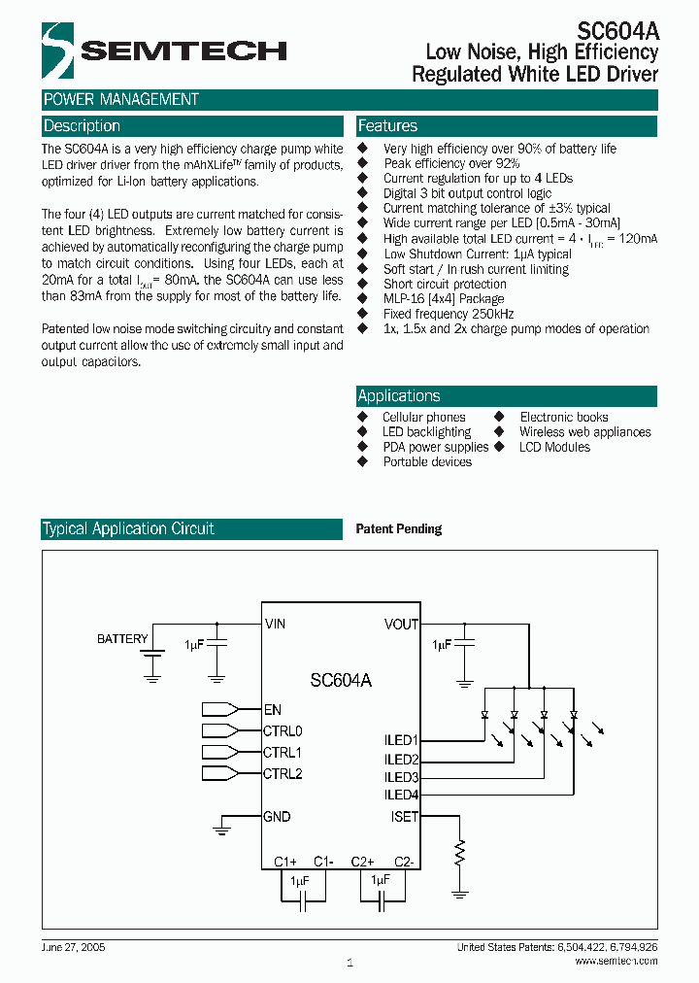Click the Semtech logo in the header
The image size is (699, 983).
pyautogui.click(x=163, y=51)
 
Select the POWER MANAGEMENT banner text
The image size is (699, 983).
pyautogui.click(x=121, y=99)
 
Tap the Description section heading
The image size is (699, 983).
pyautogui.click(x=83, y=126)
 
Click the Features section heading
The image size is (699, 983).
pyautogui.click(x=387, y=126)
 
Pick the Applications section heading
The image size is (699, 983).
pyautogui.click(x=399, y=396)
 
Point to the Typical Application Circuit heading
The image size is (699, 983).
pyautogui.click(x=128, y=529)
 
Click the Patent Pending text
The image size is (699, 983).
pyautogui.click(x=399, y=529)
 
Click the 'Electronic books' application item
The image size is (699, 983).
pyautogui.click(x=564, y=417)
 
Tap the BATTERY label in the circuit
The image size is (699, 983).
pyautogui.click(x=122, y=639)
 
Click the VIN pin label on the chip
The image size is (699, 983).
pyautogui.click(x=275, y=625)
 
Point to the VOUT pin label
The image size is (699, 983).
pyautogui.click(x=401, y=625)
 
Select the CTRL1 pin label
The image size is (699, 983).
pyautogui.click(x=283, y=752)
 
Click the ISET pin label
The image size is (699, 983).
pyautogui.click(x=404, y=817)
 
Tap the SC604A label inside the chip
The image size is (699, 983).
pyautogui.click(x=341, y=681)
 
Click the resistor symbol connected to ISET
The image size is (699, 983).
pyautogui.click(x=460, y=854)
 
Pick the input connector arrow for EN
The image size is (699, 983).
pyautogui.click(x=220, y=710)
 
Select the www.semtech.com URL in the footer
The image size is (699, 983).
pyautogui.click(x=616, y=961)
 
